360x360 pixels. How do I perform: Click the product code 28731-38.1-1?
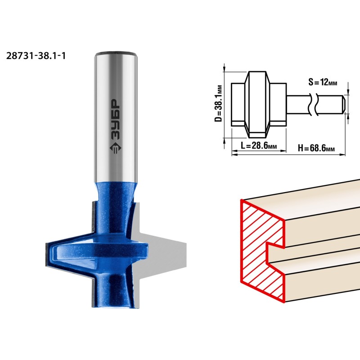pyautogui.click(x=36, y=56)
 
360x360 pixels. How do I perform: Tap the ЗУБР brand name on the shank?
pyautogui.click(x=116, y=119)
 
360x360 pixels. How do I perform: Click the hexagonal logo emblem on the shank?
pyautogui.click(x=116, y=148)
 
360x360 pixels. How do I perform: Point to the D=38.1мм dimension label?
pyautogui.click(x=218, y=103)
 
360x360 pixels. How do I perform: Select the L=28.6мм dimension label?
pyautogui.click(x=259, y=145)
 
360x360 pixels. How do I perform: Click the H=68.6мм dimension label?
pyautogui.click(x=316, y=148)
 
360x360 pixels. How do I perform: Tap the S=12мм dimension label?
pyautogui.click(x=323, y=82)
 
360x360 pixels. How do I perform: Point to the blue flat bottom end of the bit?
pyautogui.click(x=115, y=306)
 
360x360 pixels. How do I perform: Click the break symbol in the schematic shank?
pyautogui.click(x=313, y=104)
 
